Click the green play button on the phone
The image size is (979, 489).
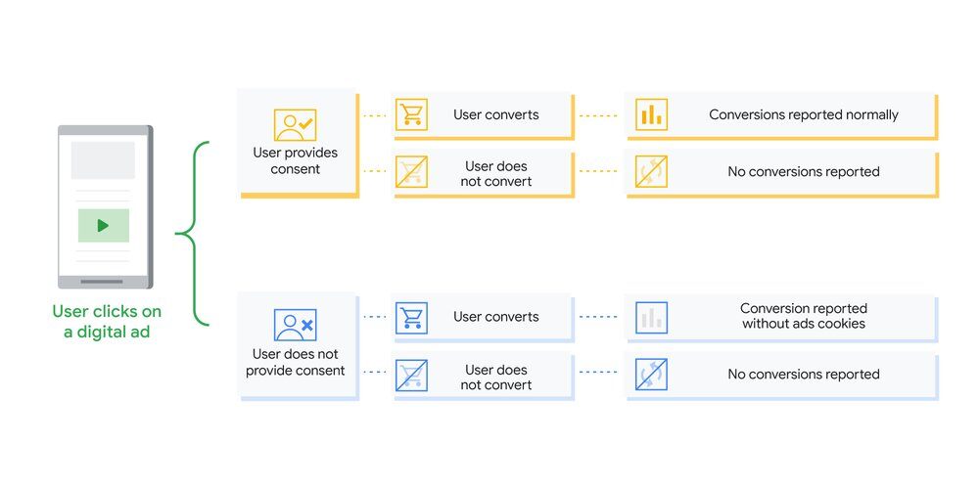pyautogui.click(x=103, y=225)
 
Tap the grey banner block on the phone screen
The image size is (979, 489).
pyautogui.click(x=103, y=160)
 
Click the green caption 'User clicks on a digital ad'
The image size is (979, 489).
pyautogui.click(x=107, y=321)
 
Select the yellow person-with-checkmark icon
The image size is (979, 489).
pyautogui.click(x=295, y=125)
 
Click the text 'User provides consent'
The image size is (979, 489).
pyautogui.click(x=295, y=160)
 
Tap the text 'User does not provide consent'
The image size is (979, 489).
pyautogui.click(x=295, y=362)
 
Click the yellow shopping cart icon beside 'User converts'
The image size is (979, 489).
pyautogui.click(x=411, y=114)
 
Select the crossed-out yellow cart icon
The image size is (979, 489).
pyautogui.click(x=411, y=172)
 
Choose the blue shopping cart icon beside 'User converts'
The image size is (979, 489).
pyautogui.click(x=411, y=317)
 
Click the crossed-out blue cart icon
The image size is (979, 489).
pyautogui.click(x=411, y=376)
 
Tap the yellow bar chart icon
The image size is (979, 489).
pyautogui.click(x=650, y=114)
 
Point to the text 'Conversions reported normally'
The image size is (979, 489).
pyautogui.click(x=803, y=114)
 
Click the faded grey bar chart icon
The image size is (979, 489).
pyautogui.click(x=650, y=317)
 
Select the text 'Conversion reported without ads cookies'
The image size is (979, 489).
pyautogui.click(x=803, y=316)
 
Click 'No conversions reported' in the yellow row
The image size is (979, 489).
pyautogui.click(x=803, y=172)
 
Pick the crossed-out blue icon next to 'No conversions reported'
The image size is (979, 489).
pyautogui.click(x=650, y=376)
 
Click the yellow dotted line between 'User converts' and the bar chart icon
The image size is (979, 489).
pyautogui.click(x=598, y=115)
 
